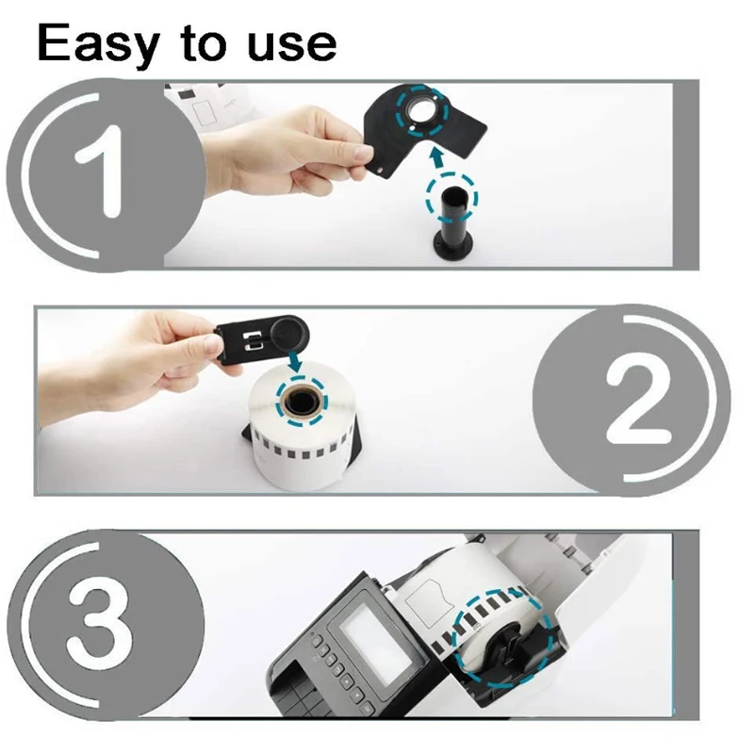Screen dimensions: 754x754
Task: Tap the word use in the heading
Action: [292, 45]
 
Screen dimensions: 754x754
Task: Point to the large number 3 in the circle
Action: [100, 624]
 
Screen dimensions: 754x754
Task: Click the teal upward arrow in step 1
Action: [436, 157]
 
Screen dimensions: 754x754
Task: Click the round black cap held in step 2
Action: [288, 331]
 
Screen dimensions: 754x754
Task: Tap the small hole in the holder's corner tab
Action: [381, 171]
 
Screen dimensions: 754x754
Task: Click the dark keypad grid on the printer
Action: [302, 697]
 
